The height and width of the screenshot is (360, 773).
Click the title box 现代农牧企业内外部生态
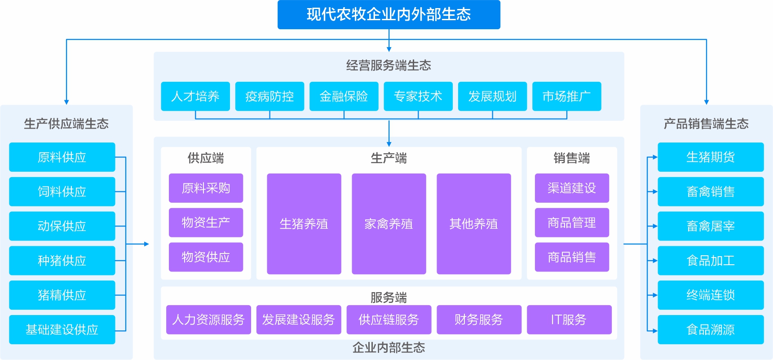pos(389,14)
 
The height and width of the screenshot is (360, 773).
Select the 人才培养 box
pos(195,96)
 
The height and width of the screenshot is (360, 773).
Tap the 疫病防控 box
pos(269,96)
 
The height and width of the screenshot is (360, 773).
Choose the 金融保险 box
pos(344,96)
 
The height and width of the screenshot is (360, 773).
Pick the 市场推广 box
pos(566,96)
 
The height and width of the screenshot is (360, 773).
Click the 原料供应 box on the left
pos(62,157)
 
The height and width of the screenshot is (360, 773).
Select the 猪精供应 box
pos(62,295)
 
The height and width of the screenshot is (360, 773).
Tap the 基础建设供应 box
pos(62,329)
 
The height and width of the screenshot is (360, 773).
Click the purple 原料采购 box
pos(206,188)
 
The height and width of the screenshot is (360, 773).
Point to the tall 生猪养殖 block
pos(304,224)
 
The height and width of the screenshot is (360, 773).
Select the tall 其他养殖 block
pos(473,224)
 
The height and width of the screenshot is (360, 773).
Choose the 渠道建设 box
pos(571,188)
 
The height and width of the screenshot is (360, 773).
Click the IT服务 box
pos(569,320)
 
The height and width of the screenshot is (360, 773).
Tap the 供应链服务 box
pos(389,320)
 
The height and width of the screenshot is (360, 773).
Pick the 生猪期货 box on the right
pos(711,157)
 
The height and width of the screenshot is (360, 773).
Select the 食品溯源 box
pos(711,329)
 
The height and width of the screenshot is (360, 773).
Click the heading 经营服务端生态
pos(389,66)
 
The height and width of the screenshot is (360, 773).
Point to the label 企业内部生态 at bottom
pos(389,347)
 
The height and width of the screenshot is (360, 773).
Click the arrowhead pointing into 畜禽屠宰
pos(655,226)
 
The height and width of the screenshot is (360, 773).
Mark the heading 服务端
pos(389,297)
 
